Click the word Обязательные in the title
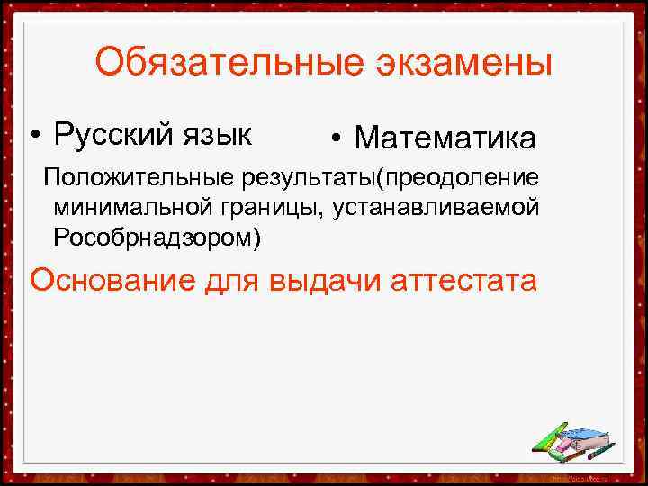216,64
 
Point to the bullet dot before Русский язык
33,136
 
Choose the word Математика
445,139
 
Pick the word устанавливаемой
436,208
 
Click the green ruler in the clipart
549,437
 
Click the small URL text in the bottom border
576,474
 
